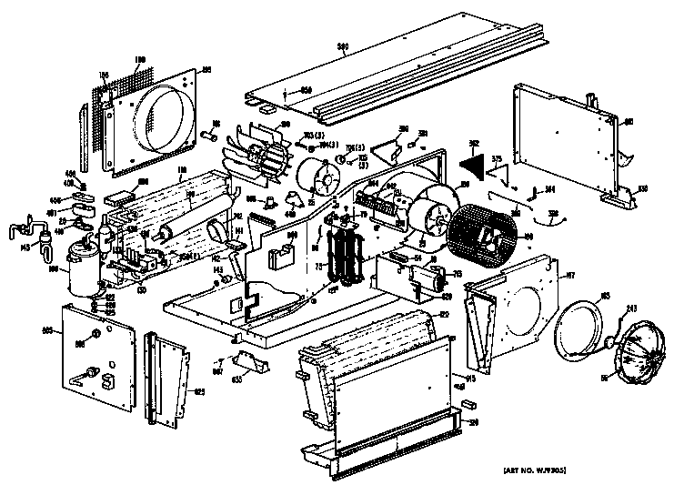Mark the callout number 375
(x=497, y=159)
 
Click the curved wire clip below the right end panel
(x=554, y=217)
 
